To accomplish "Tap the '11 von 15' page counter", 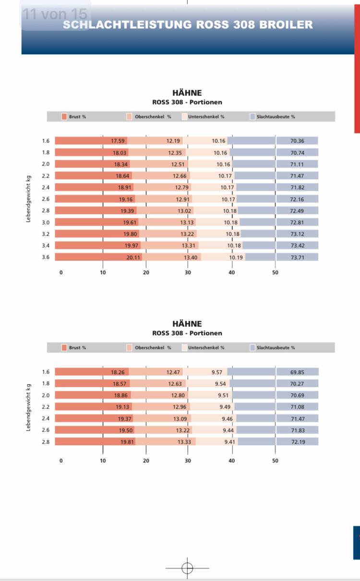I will pos(55,14).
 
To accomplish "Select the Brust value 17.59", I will pos(118,141).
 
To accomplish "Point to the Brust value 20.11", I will pos(133,257).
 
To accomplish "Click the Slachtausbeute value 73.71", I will pos(298,257).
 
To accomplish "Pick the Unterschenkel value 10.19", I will pos(236,257).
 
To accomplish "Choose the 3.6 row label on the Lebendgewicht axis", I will pos(46,257).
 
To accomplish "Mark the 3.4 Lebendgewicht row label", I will pos(46,245).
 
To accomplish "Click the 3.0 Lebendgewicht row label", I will pos(46,222).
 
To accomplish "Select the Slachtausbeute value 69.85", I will pos(298,372).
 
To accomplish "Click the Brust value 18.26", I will pos(118,372).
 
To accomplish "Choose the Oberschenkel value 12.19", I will pos(173,141).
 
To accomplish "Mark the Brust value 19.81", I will pos(128,442).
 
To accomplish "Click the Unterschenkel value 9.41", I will pos(230,442).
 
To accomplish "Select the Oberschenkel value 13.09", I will pos(179,418).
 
